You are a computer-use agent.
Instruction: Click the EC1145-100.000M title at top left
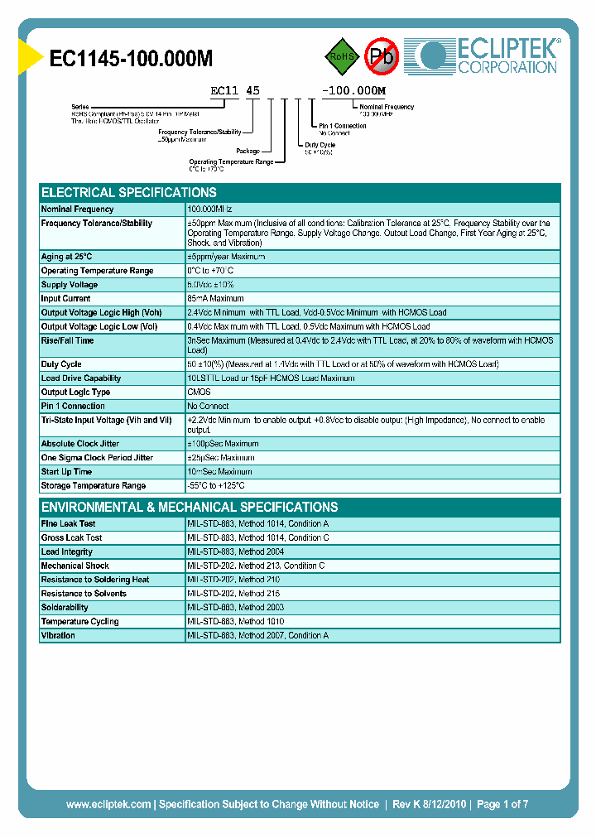point(132,58)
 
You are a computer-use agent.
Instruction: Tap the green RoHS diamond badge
point(341,56)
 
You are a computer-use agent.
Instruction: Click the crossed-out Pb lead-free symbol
point(382,56)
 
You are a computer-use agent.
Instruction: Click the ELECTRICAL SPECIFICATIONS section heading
point(129,192)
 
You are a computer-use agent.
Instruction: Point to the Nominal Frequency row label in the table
point(77,209)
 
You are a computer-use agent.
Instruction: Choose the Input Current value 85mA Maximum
point(215,298)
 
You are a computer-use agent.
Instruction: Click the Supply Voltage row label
point(70,285)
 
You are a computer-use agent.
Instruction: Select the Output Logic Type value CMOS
point(199,392)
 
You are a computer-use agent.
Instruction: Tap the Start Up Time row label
point(66,471)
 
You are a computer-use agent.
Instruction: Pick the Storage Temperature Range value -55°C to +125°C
point(216,485)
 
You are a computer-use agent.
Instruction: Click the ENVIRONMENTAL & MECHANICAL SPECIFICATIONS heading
point(190,507)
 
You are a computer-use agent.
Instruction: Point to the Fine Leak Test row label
point(68,524)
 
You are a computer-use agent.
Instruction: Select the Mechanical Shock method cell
point(256,566)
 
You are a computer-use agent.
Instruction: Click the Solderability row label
point(65,608)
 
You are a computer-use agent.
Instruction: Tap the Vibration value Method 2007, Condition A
point(257,635)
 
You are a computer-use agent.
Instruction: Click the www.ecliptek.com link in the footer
point(108,804)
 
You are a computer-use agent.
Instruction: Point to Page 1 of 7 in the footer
point(502,804)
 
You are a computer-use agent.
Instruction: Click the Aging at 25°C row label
point(66,257)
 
